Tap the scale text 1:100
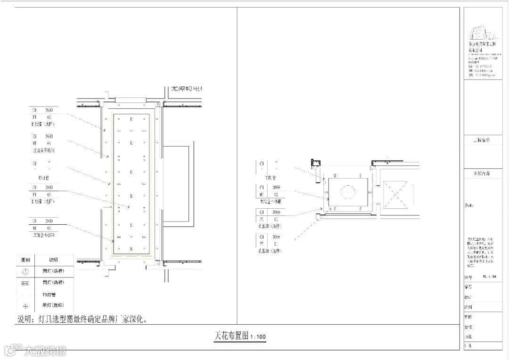coord(258,337)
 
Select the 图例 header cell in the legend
coord(26,260)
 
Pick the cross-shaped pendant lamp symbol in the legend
coord(26,306)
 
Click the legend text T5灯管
coord(49,294)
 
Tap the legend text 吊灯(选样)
coord(53,305)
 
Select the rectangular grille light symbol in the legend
coord(26,283)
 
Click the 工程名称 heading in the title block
coord(481,140)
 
